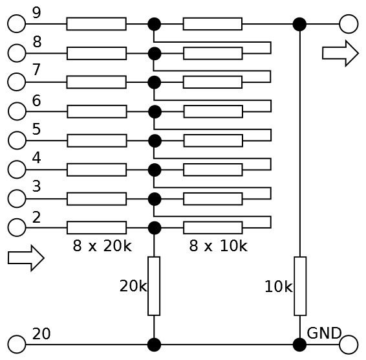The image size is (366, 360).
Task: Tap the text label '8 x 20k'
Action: click(102, 245)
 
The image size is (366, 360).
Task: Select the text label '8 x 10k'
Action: click(219, 245)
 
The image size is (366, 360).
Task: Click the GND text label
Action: click(324, 333)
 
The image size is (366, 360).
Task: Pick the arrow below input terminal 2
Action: click(26, 258)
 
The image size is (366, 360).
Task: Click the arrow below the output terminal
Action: click(340, 53)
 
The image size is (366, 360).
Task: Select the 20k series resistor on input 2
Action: click(96, 228)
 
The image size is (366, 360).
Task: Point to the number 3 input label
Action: click(36, 186)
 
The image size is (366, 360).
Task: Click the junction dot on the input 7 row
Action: click(155, 82)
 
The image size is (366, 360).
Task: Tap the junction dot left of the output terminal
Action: click(299, 24)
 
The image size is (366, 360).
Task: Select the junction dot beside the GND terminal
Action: click(299, 344)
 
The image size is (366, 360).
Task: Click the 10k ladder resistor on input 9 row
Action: click(213, 23)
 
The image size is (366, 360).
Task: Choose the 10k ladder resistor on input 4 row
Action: click(213, 170)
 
